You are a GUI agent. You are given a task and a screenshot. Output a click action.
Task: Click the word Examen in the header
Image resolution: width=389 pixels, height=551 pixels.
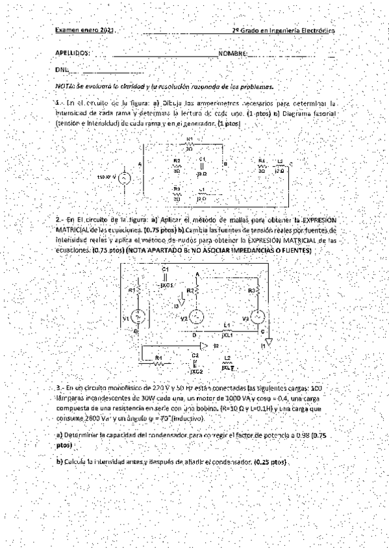pyautogui.click(x=66, y=31)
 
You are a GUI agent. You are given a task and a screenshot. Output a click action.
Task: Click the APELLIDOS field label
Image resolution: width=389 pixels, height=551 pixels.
pyautogui.click(x=73, y=53)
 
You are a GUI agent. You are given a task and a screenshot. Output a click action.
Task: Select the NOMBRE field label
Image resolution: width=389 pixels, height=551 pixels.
pyautogui.click(x=232, y=53)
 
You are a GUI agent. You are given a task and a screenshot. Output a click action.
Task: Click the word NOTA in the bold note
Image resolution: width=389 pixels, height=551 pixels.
pyautogui.click(x=65, y=85)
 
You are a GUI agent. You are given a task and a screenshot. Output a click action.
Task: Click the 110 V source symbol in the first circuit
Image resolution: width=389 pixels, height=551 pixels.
pyautogui.click(x=124, y=177)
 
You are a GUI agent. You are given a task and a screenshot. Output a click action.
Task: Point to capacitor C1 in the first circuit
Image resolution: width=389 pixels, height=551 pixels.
pyautogui.click(x=201, y=167)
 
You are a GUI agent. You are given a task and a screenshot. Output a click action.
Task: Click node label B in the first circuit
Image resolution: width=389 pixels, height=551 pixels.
pyautogui.click(x=225, y=164)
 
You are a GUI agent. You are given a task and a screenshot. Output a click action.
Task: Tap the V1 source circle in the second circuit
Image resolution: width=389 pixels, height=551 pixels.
pyautogui.click(x=138, y=316)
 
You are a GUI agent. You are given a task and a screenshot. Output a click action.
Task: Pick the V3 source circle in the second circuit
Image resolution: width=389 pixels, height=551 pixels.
pyautogui.click(x=257, y=316)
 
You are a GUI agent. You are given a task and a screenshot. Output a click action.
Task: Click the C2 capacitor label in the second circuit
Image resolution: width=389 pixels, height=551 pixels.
pyautogui.click(x=195, y=355)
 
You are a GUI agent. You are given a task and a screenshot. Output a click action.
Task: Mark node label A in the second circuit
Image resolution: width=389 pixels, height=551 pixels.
pyautogui.click(x=197, y=275)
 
